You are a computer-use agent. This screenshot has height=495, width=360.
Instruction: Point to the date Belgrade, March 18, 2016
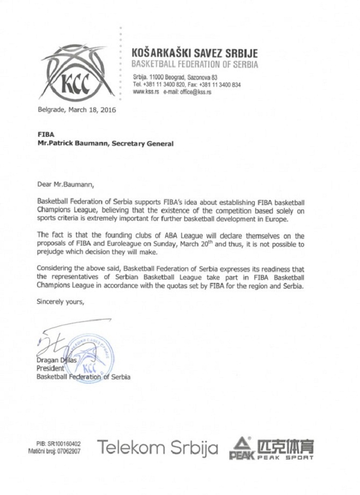pyautogui.click(x=77, y=110)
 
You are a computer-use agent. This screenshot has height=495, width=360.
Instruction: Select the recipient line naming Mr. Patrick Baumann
pyautogui.click(x=105, y=144)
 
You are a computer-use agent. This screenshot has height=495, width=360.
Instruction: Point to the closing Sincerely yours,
pyautogui.click(x=60, y=302)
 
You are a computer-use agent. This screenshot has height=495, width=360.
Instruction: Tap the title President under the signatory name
pyautogui.click(x=50, y=368)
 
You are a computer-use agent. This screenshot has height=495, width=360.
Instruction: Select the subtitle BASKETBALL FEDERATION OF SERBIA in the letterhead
pyautogui.click(x=195, y=65)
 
